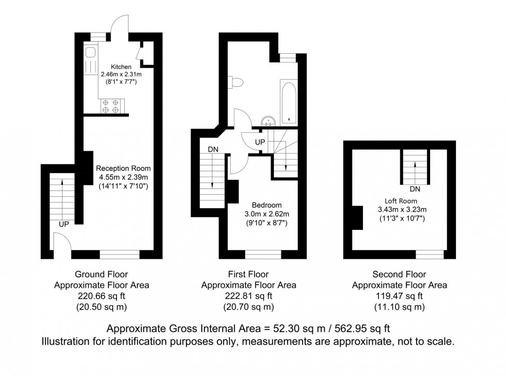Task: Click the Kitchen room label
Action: [x=122, y=67]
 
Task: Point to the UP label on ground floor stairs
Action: [x=64, y=224]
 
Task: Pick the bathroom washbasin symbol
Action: [x=268, y=121]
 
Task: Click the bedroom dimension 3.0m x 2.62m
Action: [x=266, y=214]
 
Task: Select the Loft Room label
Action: [x=401, y=201]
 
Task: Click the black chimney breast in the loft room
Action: [x=356, y=217]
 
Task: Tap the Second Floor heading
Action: [x=399, y=275]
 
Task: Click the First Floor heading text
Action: [x=248, y=275]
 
